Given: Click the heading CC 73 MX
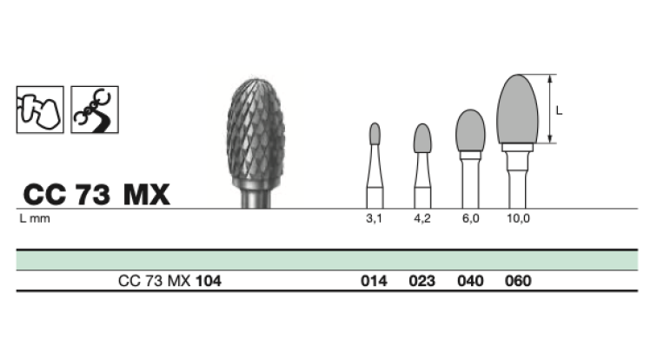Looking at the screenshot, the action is [x=96, y=195].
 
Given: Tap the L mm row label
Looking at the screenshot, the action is [x=35, y=218].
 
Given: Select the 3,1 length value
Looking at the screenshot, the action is [x=375, y=218].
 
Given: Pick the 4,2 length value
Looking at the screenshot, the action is [x=422, y=218].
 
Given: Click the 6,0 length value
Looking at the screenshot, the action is [x=470, y=218].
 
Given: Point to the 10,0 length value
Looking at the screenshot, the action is [x=518, y=218].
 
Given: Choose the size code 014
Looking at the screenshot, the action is [x=374, y=281].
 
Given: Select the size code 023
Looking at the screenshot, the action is [x=422, y=281].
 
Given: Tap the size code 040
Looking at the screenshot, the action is [x=470, y=281].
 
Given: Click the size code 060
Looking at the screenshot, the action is [x=518, y=281].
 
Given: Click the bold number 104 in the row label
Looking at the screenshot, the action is [x=209, y=281].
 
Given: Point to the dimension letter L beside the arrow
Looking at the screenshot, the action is [x=559, y=110].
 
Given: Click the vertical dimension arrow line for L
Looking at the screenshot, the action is [x=550, y=109].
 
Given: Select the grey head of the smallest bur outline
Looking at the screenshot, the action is [x=375, y=134].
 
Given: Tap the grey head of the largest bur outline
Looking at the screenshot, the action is [x=517, y=109].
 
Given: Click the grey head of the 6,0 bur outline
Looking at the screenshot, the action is [x=470, y=130].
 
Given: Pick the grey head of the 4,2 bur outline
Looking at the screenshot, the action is [x=422, y=138].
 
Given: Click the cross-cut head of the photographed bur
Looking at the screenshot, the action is [x=256, y=134].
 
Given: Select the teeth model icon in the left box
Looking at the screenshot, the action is [x=40, y=110].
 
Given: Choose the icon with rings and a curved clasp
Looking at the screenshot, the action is [x=95, y=110].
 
